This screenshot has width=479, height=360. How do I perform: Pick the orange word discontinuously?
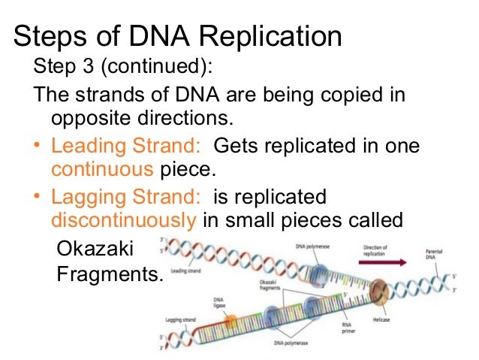123,221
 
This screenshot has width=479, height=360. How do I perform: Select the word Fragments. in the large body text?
110,274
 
